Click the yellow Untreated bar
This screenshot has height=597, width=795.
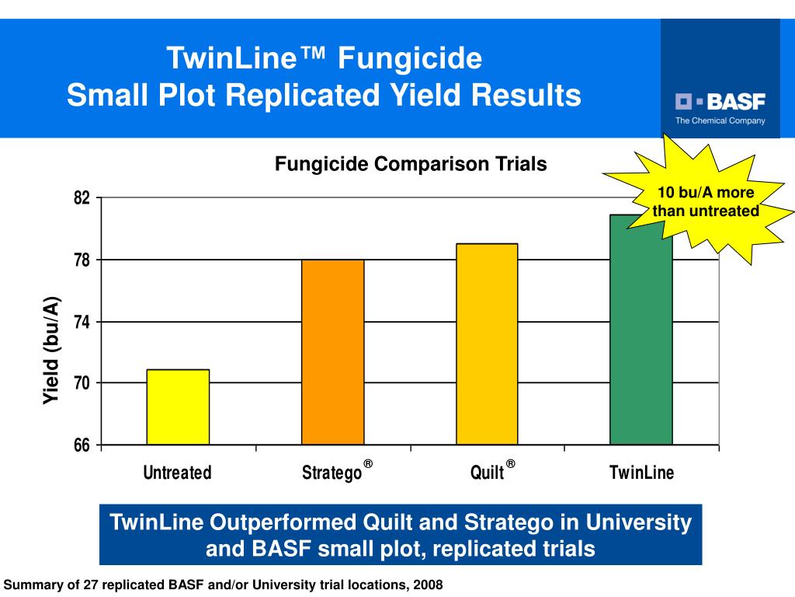(178, 407)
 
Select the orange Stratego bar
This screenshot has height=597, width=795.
(332, 352)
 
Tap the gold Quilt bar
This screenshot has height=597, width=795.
(487, 344)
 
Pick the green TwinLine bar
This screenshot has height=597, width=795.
(641, 330)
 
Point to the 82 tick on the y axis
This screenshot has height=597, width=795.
(82, 197)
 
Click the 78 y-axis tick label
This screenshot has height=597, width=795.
(82, 260)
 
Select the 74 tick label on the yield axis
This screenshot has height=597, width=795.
(82, 322)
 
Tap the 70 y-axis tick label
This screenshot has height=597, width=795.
(82, 382)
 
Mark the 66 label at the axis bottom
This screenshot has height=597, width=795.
(82, 445)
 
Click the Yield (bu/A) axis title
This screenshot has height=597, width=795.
(51, 351)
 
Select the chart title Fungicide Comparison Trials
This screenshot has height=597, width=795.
(411, 164)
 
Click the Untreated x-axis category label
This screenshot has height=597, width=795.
(178, 473)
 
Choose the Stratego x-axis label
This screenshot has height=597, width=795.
(332, 473)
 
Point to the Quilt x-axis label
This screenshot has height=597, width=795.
(488, 473)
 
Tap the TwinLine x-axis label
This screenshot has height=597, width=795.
(642, 473)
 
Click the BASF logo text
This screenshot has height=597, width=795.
(736, 102)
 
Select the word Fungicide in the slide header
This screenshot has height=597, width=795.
(410, 58)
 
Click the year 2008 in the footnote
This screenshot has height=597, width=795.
(428, 585)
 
